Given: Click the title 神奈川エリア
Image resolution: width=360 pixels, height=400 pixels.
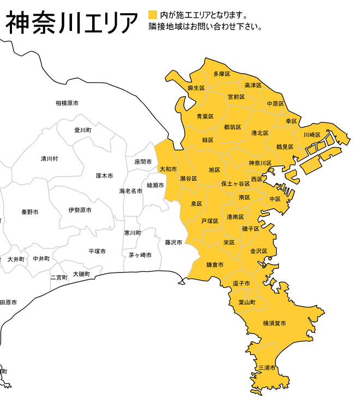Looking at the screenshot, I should click(x=71, y=22).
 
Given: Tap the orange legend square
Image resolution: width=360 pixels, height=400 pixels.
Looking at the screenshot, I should click(x=152, y=15).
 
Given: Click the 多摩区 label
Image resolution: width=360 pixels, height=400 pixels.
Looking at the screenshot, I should click(x=221, y=74).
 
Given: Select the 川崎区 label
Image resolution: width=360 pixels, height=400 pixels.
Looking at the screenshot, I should click(x=311, y=135).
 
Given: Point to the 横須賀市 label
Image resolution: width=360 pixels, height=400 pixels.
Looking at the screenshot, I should click(x=274, y=323).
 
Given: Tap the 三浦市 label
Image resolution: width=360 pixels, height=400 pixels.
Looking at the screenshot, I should click(x=267, y=368).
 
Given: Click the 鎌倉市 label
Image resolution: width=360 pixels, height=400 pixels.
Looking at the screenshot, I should click(x=215, y=265).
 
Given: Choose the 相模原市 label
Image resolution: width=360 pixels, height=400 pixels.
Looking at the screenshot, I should click(x=67, y=103).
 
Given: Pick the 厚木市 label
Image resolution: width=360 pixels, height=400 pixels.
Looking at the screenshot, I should click(x=104, y=176).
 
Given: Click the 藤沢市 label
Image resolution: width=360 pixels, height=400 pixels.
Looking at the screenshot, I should click(x=173, y=242).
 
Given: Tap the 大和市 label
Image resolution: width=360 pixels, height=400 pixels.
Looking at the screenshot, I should click(x=168, y=169).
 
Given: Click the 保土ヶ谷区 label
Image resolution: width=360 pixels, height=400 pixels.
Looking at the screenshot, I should click(x=236, y=184).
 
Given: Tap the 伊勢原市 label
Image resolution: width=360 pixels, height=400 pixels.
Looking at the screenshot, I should click(x=80, y=210).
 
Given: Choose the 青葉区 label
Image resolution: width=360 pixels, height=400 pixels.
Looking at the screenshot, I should click(x=205, y=116).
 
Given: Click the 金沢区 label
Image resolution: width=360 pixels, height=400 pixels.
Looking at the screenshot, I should click(x=259, y=251).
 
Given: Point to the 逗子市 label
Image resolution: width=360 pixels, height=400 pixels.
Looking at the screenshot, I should click(x=241, y=283).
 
